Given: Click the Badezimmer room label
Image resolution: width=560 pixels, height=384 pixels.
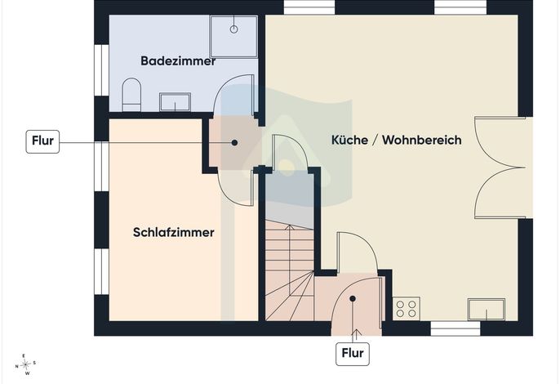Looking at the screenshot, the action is click(x=178, y=60).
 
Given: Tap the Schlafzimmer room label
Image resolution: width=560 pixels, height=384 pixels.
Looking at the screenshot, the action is click(x=174, y=232).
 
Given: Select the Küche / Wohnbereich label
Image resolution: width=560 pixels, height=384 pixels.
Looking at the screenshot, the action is click(x=397, y=140).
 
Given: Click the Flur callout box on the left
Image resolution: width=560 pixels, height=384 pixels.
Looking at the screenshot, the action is click(x=42, y=141).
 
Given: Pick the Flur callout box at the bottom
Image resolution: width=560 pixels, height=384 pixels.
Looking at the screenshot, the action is click(x=353, y=354).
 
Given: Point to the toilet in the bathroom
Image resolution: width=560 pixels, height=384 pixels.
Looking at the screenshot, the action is click(x=131, y=95).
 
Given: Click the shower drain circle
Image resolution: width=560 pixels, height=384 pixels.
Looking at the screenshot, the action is click(x=234, y=29).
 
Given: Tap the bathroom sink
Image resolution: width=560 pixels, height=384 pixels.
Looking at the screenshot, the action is click(x=175, y=102).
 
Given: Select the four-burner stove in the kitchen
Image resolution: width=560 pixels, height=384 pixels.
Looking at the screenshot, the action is click(x=406, y=309).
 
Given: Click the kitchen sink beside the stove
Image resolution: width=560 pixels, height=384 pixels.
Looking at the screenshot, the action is click(x=487, y=310).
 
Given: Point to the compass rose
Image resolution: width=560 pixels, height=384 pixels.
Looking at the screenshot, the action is click(x=26, y=364).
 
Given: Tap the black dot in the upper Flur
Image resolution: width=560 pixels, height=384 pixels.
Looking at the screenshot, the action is click(x=234, y=143).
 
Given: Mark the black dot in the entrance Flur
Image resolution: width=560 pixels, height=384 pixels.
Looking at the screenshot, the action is click(x=353, y=298).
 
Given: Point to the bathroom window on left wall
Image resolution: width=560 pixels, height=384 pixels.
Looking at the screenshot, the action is click(x=101, y=70).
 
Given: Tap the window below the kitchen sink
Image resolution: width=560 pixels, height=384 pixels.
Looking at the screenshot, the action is click(x=456, y=328).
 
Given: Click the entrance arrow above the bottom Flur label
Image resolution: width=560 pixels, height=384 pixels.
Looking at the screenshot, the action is click(x=356, y=336).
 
